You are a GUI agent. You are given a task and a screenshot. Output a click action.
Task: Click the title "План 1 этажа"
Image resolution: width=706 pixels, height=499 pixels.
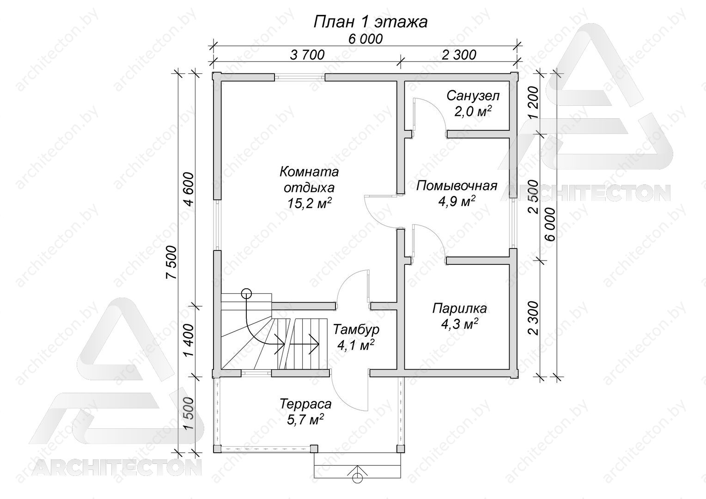[x=371, y=22]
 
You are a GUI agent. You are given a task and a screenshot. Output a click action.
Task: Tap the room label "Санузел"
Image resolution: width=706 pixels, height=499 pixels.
[x=473, y=96]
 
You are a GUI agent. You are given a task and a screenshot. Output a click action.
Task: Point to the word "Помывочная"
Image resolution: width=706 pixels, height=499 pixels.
[x=456, y=186]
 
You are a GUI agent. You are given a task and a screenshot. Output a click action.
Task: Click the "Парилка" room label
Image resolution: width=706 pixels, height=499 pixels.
[x=460, y=308]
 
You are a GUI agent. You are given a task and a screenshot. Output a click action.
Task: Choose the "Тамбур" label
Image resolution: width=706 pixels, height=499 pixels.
[x=356, y=330]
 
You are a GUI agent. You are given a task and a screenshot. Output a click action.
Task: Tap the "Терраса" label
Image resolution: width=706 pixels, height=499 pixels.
[x=306, y=404]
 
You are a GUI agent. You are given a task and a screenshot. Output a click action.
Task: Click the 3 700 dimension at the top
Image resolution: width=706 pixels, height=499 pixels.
[x=307, y=55]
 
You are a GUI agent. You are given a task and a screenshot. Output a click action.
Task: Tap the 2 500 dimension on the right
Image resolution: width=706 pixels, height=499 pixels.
[x=534, y=197]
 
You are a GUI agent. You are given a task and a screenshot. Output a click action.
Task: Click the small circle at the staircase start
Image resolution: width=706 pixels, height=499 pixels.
[x=246, y=294]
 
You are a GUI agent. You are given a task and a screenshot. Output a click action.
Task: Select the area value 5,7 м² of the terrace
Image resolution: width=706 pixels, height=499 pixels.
[x=305, y=419]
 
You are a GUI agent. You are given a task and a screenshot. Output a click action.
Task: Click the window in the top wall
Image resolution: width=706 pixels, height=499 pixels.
[x=299, y=77]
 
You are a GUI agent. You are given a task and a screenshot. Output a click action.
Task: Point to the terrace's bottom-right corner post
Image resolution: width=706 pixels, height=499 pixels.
[x=400, y=449]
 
